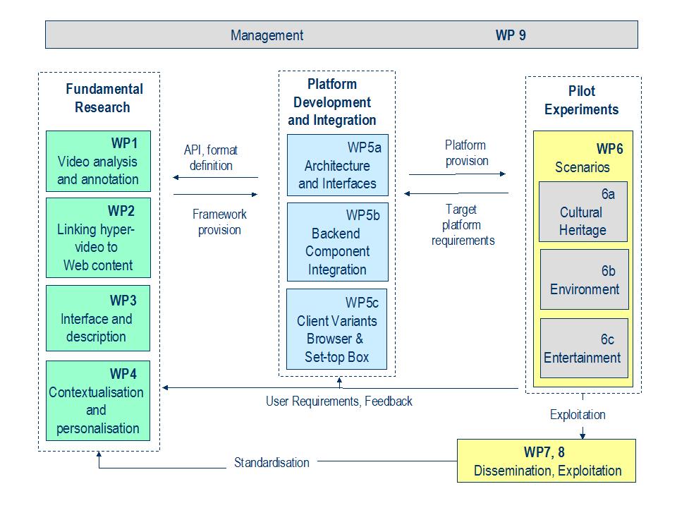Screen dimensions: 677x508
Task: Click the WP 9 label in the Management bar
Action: click(511, 35)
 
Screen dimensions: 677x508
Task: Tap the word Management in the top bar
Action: click(267, 35)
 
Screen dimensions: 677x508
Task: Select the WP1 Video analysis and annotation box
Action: click(99, 161)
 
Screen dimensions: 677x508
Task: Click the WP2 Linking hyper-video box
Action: click(99, 238)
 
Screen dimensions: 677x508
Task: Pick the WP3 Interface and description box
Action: click(98, 318)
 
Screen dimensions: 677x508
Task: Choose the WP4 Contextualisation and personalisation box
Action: click(98, 401)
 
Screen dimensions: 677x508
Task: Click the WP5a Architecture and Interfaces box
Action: click(338, 165)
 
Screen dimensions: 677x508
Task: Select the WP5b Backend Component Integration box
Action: click(338, 242)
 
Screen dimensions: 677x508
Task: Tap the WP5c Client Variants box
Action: click(337, 329)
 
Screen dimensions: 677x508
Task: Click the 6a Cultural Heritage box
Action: click(583, 212)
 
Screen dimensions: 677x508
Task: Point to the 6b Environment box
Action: click(585, 279)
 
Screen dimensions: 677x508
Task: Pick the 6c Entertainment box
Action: click(584, 348)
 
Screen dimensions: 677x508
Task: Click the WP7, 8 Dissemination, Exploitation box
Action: click(547, 461)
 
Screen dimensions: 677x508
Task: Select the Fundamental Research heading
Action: click(104, 98)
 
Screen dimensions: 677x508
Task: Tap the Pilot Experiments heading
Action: click(582, 100)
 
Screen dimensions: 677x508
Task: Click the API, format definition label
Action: click(211, 157)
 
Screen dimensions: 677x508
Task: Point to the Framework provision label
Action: click(219, 222)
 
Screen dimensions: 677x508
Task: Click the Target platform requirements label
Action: click(463, 224)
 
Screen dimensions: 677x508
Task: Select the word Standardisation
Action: click(272, 463)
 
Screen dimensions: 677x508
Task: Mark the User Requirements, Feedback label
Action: click(339, 401)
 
